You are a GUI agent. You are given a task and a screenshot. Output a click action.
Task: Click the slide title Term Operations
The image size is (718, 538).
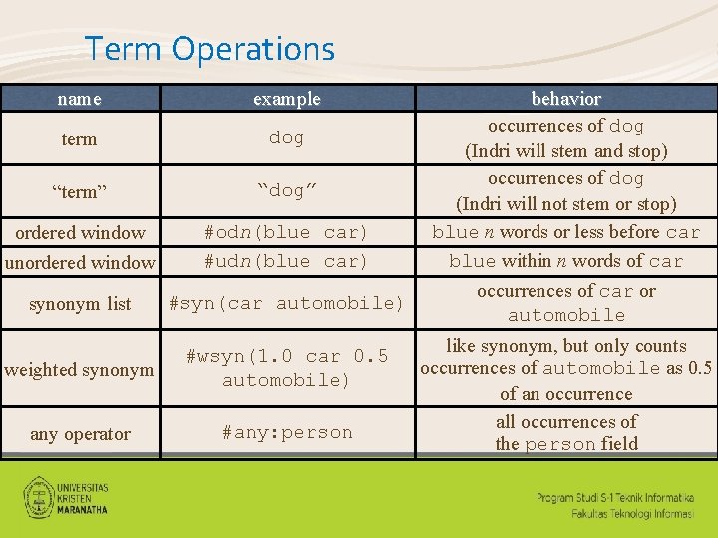click(x=209, y=48)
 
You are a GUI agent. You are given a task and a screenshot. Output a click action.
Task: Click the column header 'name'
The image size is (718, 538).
click(x=79, y=99)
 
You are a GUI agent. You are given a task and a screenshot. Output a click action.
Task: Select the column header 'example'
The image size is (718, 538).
click(x=286, y=98)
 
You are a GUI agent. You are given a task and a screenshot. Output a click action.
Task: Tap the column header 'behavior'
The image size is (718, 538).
click(x=565, y=99)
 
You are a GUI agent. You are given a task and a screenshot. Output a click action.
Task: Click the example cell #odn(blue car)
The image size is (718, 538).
click(x=286, y=232)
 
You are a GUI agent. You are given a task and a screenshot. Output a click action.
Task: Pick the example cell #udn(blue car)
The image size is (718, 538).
click(x=286, y=261)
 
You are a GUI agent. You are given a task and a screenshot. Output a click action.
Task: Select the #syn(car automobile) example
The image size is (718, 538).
click(x=286, y=303)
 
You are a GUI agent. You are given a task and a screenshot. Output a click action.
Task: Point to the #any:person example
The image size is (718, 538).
click(x=286, y=432)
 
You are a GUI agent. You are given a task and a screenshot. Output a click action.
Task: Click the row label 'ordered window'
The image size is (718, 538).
click(x=80, y=233)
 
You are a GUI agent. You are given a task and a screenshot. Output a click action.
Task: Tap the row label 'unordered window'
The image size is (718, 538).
click(x=80, y=263)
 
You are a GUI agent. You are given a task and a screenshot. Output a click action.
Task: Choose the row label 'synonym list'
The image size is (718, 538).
click(x=80, y=304)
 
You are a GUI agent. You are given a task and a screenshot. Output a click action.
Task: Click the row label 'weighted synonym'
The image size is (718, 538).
click(x=79, y=370)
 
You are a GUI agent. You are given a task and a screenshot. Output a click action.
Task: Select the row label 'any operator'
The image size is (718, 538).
click(x=80, y=434)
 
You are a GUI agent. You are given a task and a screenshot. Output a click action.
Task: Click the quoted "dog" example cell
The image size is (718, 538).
click(x=286, y=189)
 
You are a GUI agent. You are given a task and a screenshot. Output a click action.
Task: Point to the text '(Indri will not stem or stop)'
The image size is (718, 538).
click(x=565, y=204)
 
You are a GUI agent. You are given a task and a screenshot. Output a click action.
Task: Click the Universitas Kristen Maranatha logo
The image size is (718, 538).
click(x=66, y=495)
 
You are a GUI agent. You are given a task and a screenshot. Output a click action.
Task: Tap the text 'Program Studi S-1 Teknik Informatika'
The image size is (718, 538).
click(x=616, y=497)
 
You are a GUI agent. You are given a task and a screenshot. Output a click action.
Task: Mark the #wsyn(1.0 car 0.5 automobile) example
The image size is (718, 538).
click(x=286, y=368)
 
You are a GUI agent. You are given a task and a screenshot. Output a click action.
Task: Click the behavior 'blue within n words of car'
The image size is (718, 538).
click(x=565, y=261)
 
